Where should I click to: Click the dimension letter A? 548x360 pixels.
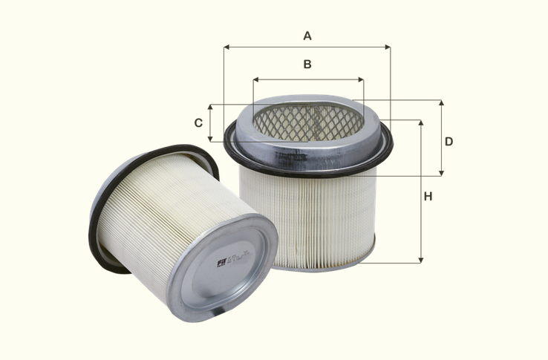307,35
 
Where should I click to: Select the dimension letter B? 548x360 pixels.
307,65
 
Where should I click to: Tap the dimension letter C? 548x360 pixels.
198,122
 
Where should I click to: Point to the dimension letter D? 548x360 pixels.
448,141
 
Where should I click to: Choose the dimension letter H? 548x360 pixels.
428,197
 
